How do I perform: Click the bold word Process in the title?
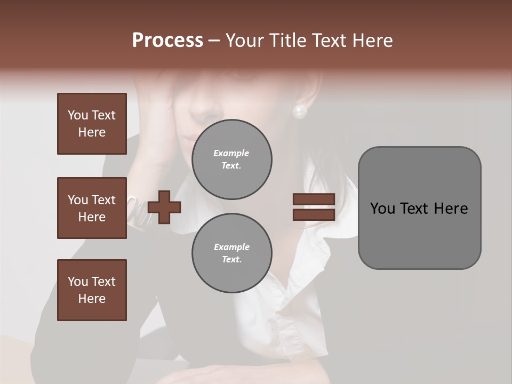coord(167,41)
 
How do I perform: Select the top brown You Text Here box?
coord(92,124)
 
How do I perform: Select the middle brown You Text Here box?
coord(92,208)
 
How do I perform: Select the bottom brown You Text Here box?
coord(92,290)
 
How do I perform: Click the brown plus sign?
coord(164,207)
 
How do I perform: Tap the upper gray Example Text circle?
coord(231,159)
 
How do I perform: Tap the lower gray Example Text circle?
coord(231,253)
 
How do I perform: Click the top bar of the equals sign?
coord(314,199)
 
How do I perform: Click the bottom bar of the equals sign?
coord(314,214)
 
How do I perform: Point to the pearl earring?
coord(300,111)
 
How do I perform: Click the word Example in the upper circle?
coord(231,153)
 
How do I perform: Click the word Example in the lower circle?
coord(231,247)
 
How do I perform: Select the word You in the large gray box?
coord(382,209)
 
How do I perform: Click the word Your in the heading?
coord(246,41)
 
